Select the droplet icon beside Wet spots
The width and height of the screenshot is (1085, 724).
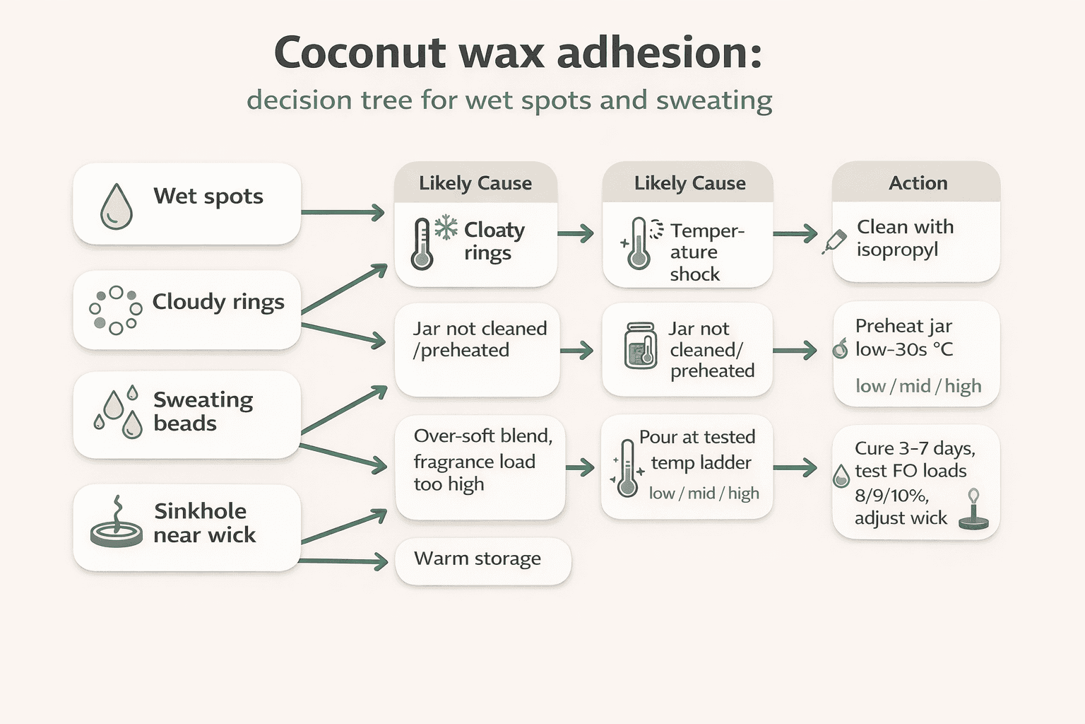coord(117,206)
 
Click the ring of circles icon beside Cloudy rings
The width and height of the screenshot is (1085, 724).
coord(116,310)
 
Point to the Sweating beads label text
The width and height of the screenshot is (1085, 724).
coord(203,411)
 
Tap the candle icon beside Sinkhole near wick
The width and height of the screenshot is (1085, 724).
coord(117,524)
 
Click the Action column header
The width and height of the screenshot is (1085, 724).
coord(917,183)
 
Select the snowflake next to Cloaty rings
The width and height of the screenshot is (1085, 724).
coord(446,228)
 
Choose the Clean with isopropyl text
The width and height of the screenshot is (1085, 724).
coord(904,238)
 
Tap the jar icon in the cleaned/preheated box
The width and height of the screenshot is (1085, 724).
coord(641,346)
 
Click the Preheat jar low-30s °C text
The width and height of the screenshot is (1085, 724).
coord(903,337)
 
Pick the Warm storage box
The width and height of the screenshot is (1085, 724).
coord(482,560)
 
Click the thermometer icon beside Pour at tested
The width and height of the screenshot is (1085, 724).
coord(627,468)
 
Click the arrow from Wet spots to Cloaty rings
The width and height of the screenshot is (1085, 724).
coord(343,212)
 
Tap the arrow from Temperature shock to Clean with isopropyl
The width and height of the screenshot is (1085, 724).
coord(795,234)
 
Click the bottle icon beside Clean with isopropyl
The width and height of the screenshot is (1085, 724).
coord(835,242)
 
